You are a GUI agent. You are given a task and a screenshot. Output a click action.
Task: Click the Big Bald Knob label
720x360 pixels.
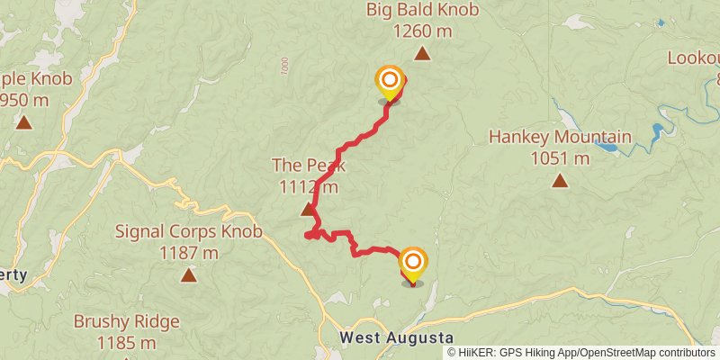[x=422, y=11]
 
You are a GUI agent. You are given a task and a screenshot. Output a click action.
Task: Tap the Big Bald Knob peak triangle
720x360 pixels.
[x=421, y=54]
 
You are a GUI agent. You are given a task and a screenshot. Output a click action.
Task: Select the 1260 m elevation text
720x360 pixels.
[x=422, y=31]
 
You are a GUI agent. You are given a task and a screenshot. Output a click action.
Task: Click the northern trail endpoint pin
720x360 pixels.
[x=390, y=82]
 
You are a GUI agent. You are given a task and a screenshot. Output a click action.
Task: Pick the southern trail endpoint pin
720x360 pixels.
[x=413, y=264]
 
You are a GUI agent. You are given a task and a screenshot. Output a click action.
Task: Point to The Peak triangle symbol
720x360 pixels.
[x=308, y=210]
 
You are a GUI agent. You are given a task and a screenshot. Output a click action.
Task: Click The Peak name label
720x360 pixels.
[x=308, y=166]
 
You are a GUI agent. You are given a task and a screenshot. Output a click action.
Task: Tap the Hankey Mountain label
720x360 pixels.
[x=559, y=139]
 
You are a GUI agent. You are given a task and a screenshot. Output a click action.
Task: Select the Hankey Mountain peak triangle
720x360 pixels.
[x=560, y=181]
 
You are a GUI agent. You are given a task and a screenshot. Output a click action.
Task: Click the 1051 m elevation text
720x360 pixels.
[x=559, y=159]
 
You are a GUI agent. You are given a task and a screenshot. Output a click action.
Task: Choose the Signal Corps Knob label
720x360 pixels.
[x=188, y=232]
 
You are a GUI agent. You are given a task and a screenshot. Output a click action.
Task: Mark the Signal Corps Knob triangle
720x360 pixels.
[x=188, y=274]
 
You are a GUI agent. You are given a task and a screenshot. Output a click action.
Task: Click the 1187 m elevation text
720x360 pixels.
[x=188, y=253]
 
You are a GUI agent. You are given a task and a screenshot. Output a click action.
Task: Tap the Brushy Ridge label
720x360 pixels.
[x=126, y=321]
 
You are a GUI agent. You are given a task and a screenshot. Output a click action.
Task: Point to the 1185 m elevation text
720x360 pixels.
[x=126, y=342]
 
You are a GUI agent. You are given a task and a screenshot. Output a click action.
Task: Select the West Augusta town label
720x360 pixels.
[x=396, y=337]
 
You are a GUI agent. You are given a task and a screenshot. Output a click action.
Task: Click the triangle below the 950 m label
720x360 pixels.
[x=23, y=121]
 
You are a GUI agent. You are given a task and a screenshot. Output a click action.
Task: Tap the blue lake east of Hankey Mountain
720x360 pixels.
[x=661, y=132]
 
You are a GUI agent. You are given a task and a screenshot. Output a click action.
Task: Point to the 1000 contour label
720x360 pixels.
[x=285, y=65]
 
